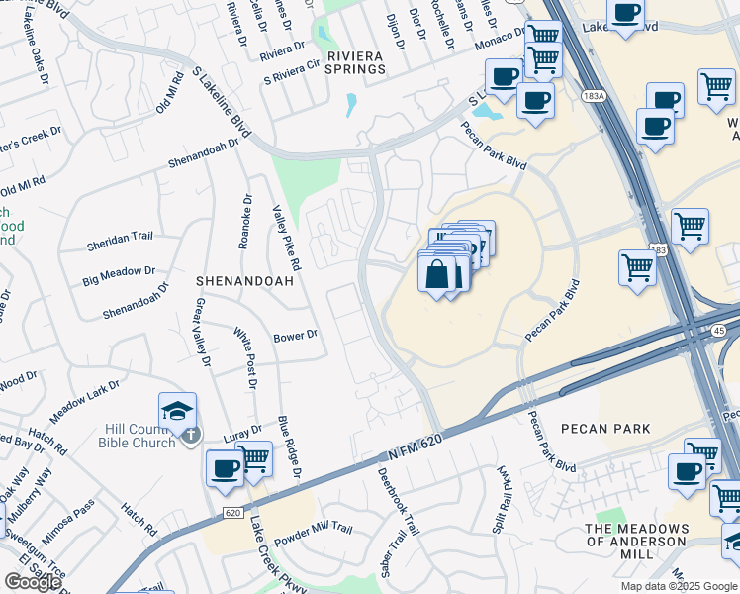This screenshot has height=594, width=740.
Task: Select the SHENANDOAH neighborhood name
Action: (244, 281)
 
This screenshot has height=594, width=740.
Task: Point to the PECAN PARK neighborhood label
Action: (605, 429)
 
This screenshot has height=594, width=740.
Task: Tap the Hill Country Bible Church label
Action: (139, 436)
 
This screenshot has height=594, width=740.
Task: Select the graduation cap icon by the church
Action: (177, 411)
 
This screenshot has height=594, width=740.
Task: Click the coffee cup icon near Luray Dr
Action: (225, 467)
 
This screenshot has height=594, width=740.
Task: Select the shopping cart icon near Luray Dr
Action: (254, 458)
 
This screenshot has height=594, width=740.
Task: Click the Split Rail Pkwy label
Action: (500, 500)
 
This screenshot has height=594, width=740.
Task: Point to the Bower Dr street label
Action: (295, 336)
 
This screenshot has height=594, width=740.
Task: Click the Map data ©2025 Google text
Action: (678, 586)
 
